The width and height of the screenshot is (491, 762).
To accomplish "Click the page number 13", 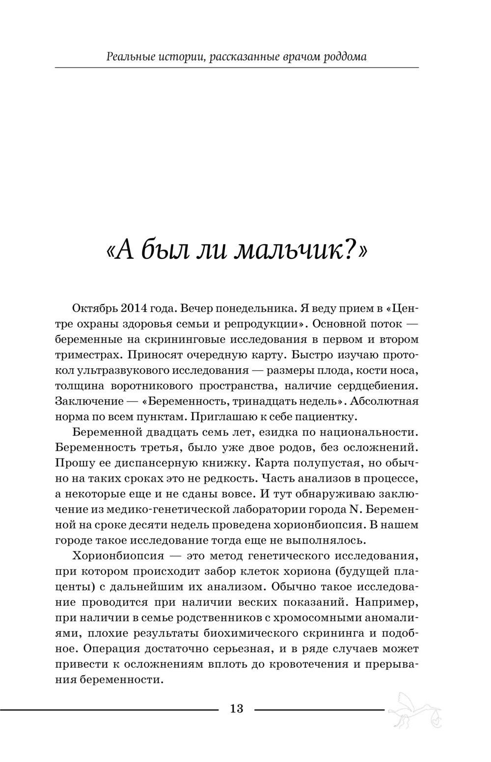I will click(236, 708).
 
